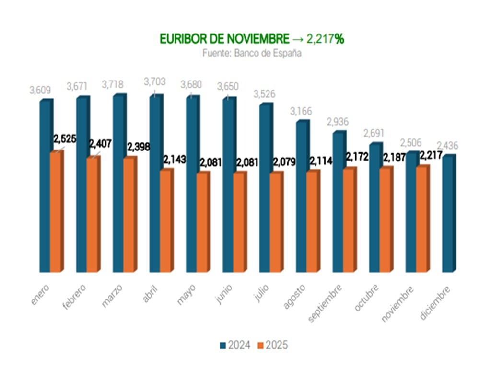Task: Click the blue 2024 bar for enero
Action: (45, 187)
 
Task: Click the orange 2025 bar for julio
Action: (276, 223)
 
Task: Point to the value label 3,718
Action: (113, 84)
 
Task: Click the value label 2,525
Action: (65, 139)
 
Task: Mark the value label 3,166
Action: (301, 111)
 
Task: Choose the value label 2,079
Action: (284, 161)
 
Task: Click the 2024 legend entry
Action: (235, 345)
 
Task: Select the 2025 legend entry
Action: (272, 345)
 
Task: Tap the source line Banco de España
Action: (251, 53)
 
